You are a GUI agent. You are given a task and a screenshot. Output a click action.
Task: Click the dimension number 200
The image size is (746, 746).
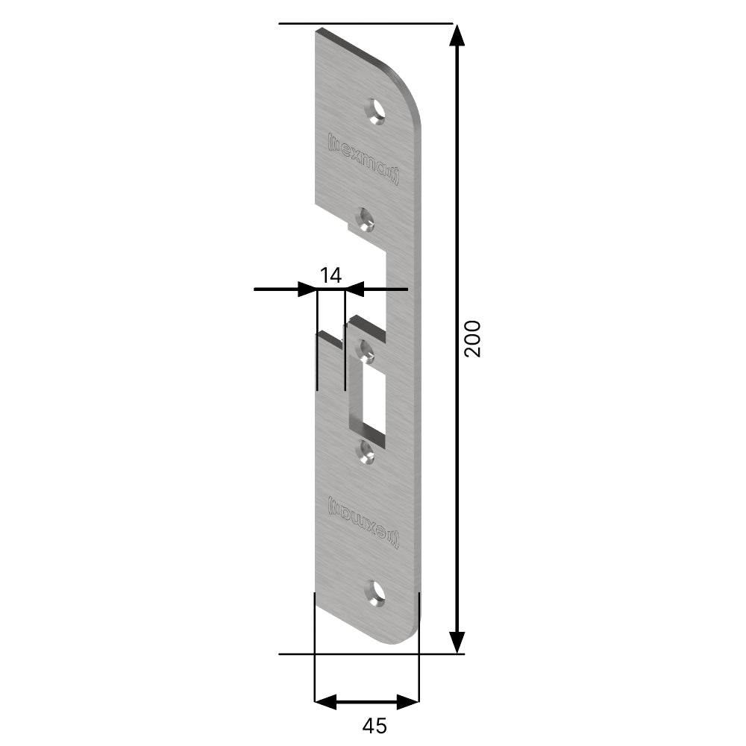click(473, 339)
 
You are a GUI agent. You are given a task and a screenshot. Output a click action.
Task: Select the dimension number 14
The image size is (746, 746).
click(330, 275)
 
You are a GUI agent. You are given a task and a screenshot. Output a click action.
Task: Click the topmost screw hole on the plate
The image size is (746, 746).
click(375, 111)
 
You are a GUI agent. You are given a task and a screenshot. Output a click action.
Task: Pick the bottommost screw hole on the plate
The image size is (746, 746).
click(375, 593)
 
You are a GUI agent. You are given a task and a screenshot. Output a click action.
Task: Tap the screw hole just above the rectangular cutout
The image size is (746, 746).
click(366, 351)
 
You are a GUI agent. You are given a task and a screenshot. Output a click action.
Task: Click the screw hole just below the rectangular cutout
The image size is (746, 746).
click(366, 451)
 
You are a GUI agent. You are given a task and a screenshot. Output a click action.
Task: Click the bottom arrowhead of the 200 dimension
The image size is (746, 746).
click(457, 642)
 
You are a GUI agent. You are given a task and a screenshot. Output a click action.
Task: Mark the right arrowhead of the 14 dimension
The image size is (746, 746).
click(354, 288)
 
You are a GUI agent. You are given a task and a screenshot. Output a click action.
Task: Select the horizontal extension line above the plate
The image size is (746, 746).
click(366, 24)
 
